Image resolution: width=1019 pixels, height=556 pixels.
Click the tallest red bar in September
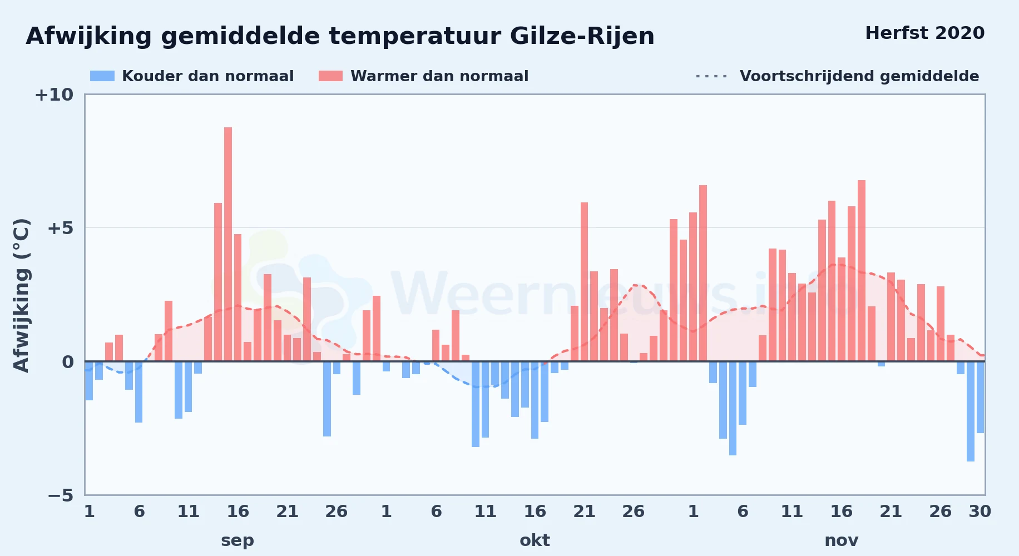click(x=228, y=244)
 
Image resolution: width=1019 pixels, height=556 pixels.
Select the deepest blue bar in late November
click(x=971, y=411)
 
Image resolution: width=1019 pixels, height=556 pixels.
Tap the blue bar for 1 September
click(x=89, y=381)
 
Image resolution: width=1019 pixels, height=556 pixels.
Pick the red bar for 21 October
click(x=575, y=334)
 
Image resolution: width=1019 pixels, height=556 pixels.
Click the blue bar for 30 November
click(x=981, y=397)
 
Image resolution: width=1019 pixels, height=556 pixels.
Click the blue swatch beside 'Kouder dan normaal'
click(x=102, y=76)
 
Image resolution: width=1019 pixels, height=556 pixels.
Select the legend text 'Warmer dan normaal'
click(x=439, y=76)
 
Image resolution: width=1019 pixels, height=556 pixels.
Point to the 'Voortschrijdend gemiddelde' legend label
click(x=859, y=76)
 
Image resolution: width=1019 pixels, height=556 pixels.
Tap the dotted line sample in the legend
click(x=711, y=76)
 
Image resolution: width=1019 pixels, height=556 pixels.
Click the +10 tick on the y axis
click(x=54, y=95)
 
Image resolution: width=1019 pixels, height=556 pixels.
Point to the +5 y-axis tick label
click(x=60, y=229)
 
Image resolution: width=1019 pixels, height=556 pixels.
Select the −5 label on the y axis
click(x=60, y=495)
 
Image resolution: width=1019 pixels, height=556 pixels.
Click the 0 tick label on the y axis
click(x=68, y=362)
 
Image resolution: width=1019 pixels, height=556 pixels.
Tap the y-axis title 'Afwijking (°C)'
click(x=21, y=295)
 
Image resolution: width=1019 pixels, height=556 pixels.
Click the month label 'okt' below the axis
click(x=535, y=540)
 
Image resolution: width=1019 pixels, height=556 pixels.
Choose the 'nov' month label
click(x=842, y=540)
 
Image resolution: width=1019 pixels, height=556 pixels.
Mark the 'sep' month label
click(x=238, y=541)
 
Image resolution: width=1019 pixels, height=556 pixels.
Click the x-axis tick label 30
click(x=980, y=512)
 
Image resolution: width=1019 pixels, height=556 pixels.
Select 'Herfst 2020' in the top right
click(x=925, y=33)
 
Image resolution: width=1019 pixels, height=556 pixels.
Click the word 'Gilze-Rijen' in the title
click(x=582, y=37)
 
